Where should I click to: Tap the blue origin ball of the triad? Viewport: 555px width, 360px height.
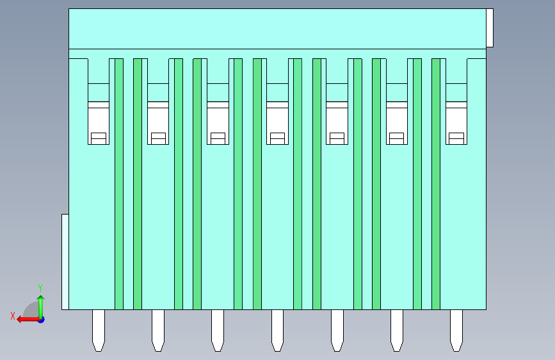coord(40,319)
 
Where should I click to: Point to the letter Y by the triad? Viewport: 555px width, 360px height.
coord(40,288)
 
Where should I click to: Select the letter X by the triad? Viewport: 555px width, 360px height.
coord(12,316)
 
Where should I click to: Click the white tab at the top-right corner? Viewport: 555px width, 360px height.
coord(490,28)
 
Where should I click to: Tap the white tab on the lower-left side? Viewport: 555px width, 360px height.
coord(65,261)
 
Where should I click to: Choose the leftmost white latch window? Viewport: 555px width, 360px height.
coord(98,123)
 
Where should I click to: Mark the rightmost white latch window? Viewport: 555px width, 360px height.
coord(456,123)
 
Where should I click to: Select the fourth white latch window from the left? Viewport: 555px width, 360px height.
coord(277,123)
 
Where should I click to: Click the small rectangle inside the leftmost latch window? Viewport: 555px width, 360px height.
coord(98,138)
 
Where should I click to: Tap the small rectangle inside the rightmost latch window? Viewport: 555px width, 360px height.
coord(456,138)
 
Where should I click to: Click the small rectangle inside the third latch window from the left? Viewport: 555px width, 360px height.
coord(218,138)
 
